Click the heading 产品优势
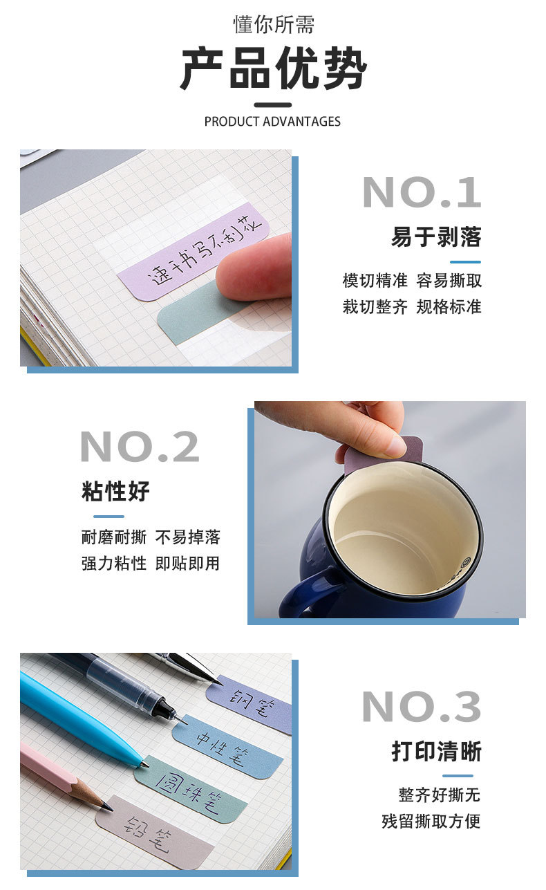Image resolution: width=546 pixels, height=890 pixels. tap(273, 69)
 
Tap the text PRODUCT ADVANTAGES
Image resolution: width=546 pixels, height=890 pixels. tap(272, 122)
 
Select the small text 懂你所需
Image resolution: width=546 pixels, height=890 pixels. tap(273, 25)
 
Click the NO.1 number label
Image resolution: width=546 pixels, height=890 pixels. tap(421, 192)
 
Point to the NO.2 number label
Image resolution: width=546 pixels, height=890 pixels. tap(140, 447)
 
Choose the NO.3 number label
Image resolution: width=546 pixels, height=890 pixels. tap(421, 707)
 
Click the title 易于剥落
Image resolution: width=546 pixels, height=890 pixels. tap(436, 237)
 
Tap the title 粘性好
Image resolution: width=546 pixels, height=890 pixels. tap(115, 492)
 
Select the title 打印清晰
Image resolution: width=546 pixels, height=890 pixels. tap(436, 752)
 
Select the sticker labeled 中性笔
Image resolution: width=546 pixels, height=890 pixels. tap(228, 748)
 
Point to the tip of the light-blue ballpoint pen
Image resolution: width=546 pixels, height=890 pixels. tap(144, 764)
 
